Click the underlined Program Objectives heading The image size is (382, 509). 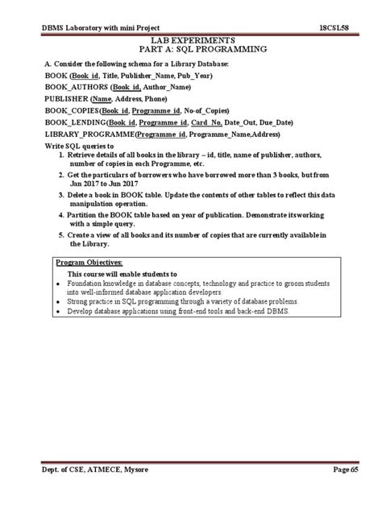(x=89, y=263)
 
